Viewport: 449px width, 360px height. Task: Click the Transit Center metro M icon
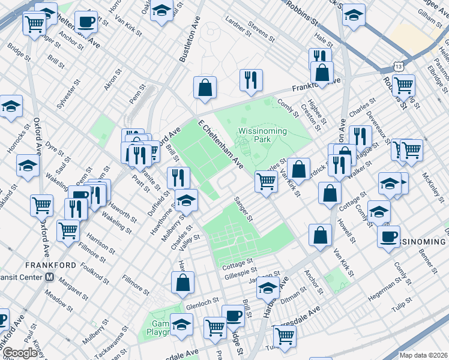[x=50, y=277]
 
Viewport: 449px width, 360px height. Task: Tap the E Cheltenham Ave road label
[x=221, y=145]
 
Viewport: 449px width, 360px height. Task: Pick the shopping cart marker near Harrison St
[x=68, y=230]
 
